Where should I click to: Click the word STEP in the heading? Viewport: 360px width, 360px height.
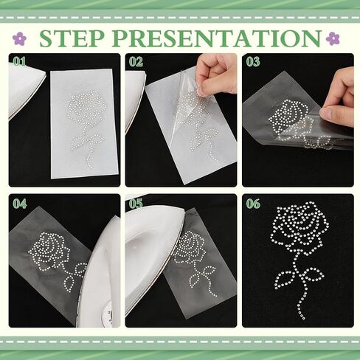click(x=72, y=38)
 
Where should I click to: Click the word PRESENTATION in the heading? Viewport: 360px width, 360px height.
click(x=217, y=38)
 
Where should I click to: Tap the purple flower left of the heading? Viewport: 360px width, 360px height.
click(x=19, y=38)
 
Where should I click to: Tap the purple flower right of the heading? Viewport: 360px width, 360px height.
click(x=333, y=38)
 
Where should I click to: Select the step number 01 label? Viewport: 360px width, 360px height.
click(x=19, y=62)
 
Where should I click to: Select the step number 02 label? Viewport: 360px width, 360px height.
click(x=136, y=62)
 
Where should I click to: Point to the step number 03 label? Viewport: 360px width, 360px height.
click(x=253, y=62)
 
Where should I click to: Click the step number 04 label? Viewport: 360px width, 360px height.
click(x=20, y=204)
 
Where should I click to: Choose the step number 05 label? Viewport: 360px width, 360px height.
click(x=136, y=204)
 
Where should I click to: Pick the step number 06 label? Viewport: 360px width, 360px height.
click(x=253, y=204)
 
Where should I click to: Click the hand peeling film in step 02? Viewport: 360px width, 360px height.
click(x=216, y=74)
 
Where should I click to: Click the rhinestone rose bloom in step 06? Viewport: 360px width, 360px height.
click(x=300, y=226)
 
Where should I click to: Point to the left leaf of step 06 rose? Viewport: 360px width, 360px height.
click(x=286, y=279)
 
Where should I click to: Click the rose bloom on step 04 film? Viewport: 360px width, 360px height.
click(x=49, y=249)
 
